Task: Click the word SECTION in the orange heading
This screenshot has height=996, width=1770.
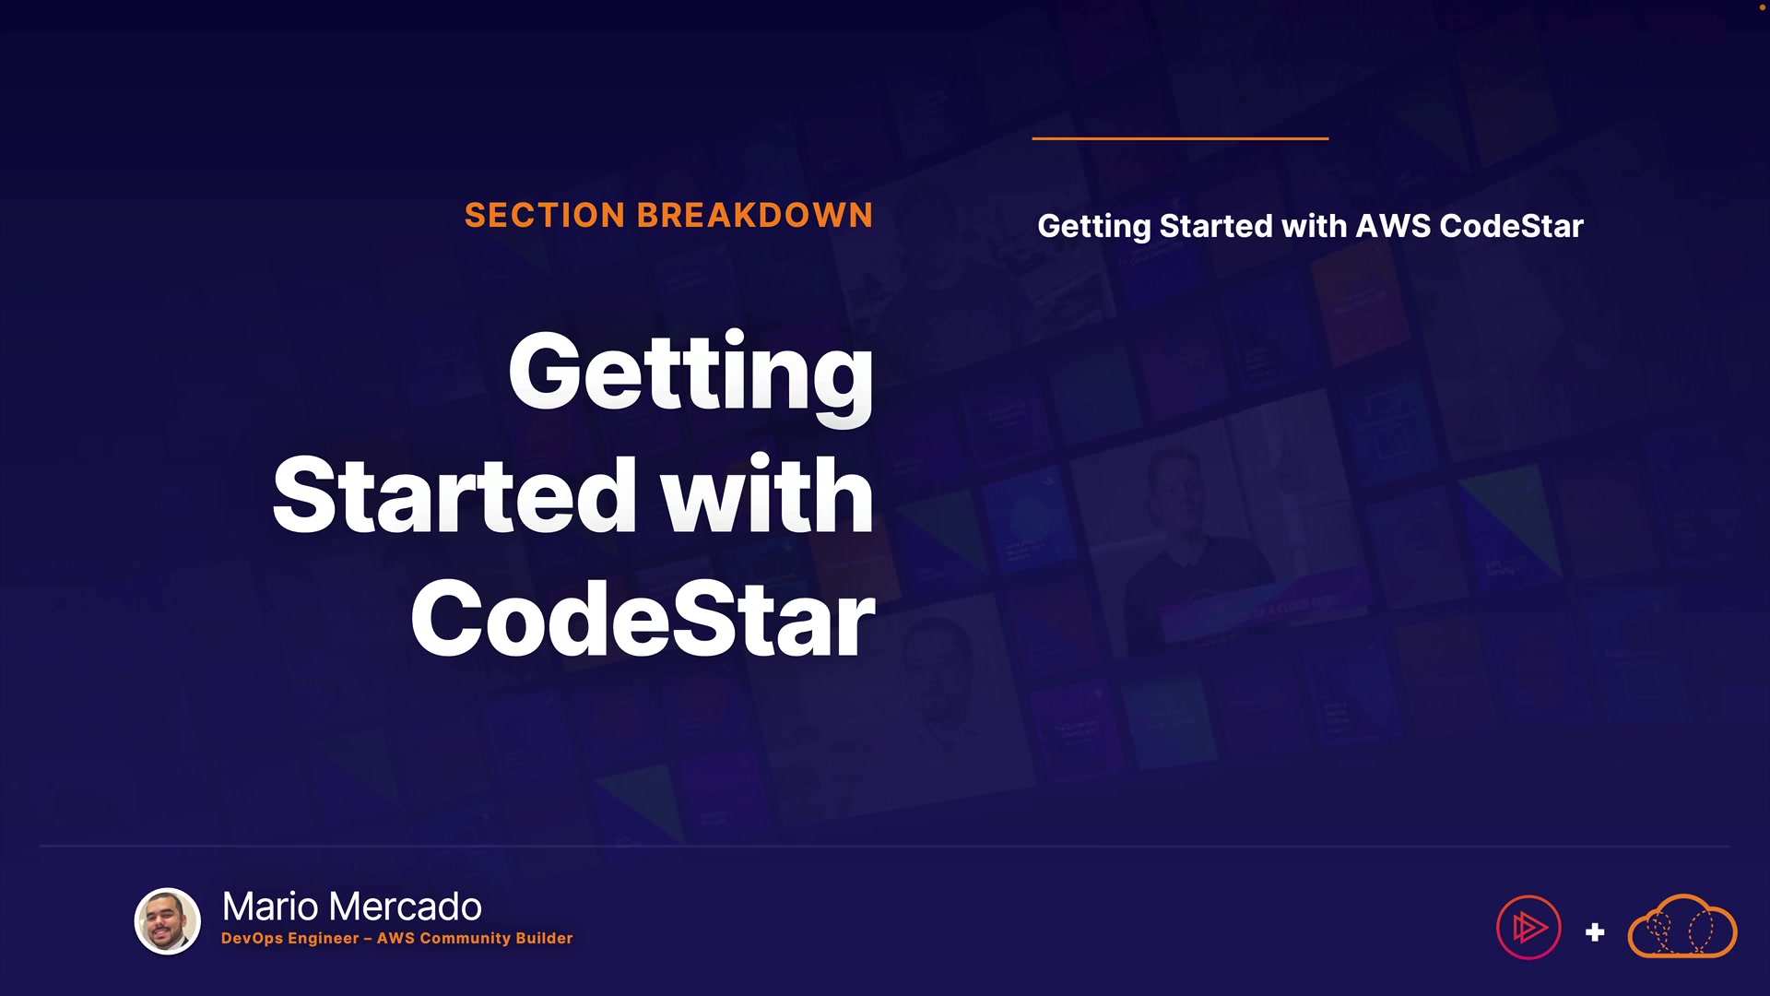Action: (545, 216)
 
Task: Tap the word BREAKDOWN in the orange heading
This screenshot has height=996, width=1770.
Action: (754, 216)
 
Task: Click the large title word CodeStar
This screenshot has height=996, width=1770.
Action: (643, 619)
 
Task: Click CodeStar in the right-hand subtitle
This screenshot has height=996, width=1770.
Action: (1512, 226)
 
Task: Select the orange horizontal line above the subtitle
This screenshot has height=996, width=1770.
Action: (1180, 138)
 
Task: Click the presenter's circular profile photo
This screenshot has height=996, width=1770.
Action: (168, 921)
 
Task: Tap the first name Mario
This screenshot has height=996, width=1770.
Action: (271, 907)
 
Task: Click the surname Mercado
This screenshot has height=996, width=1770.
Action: (405, 907)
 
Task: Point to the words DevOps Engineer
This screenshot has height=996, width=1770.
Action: (290, 939)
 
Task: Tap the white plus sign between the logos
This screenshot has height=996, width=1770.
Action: (1595, 932)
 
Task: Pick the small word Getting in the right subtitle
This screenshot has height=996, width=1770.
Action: (1094, 227)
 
